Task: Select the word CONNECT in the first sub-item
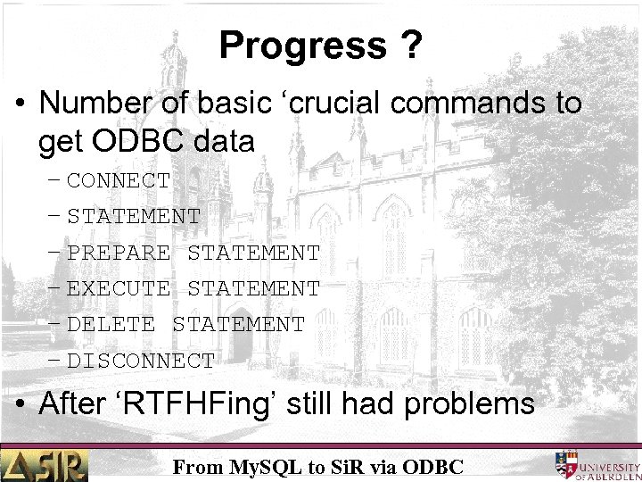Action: (119, 180)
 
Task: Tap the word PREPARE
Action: (119, 253)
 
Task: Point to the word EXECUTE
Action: (119, 288)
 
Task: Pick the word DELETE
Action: (111, 325)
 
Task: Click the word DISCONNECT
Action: (141, 361)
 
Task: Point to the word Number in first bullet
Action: (94, 104)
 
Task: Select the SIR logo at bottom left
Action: (45, 465)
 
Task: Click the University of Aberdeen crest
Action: (568, 464)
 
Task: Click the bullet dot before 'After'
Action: (21, 404)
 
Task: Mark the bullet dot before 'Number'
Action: (21, 104)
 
